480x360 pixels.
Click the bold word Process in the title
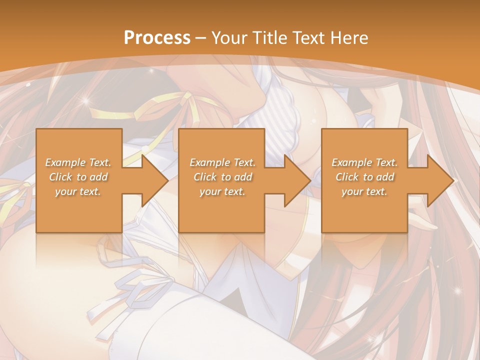point(157,38)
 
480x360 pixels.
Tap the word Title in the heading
point(268,38)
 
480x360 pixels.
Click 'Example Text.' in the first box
point(78,162)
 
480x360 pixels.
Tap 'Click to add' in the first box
point(78,177)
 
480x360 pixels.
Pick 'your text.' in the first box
point(78,191)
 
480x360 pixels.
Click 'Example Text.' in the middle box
point(222,162)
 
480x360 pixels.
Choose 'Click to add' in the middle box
point(222,177)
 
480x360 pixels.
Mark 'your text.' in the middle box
point(222,191)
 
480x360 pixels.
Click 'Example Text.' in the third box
point(364,162)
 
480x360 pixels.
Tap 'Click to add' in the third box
point(364,177)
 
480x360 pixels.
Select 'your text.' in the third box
point(364,191)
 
